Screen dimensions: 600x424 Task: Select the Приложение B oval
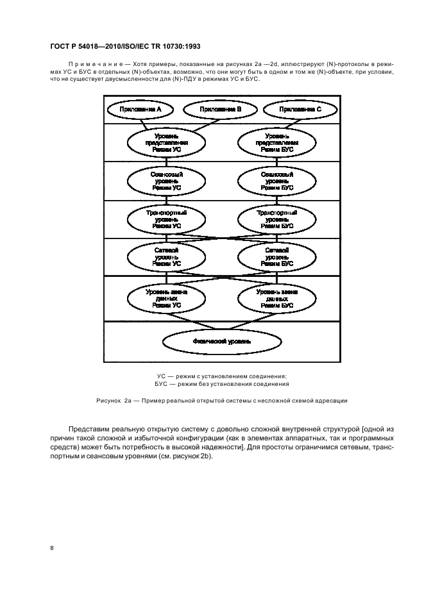coord(221,110)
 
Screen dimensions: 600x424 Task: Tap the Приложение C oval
coord(299,110)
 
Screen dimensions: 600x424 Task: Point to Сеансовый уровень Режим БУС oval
coord(277,181)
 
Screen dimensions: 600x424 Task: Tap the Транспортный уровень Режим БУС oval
coord(277,219)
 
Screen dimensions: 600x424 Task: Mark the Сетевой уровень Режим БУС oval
coord(277,256)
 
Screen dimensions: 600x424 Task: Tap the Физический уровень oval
coord(222,342)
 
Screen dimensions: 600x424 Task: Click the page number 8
coord(52,547)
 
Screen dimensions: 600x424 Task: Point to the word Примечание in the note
coord(94,64)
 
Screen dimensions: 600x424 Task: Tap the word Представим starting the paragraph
coord(87,428)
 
